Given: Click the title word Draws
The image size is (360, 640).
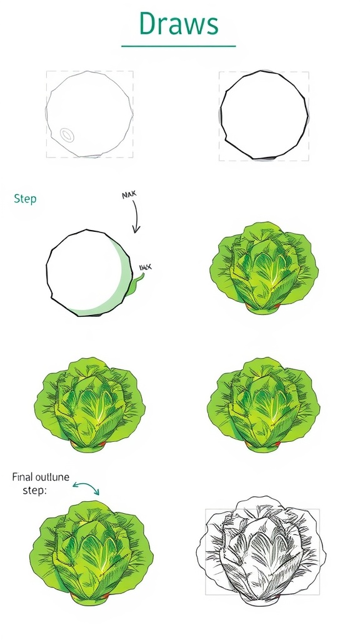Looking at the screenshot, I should (x=179, y=24).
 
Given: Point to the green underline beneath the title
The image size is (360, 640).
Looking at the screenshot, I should (x=179, y=46).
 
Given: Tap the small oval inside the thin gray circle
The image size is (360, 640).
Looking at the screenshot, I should (x=67, y=134).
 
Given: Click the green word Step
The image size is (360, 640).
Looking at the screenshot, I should (x=25, y=199).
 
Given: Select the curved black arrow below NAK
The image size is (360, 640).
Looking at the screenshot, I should (x=136, y=219).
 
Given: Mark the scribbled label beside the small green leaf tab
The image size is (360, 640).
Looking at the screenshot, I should (x=144, y=268).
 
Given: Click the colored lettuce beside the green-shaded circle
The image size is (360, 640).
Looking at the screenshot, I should (x=264, y=267).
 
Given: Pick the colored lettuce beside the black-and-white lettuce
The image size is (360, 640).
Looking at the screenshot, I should (x=87, y=550).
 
